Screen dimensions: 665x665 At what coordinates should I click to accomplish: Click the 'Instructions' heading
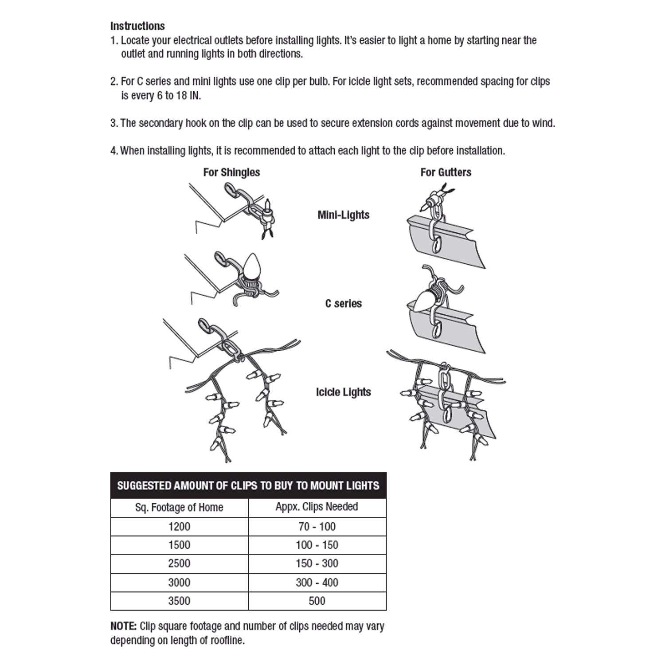pos(137,26)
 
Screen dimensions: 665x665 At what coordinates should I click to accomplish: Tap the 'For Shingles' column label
pos(231,172)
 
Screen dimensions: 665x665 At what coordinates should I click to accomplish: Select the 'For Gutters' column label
pos(446,172)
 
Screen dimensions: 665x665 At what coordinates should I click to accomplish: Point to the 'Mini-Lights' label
pos(343,215)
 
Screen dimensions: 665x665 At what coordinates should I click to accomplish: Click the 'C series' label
pos(343,304)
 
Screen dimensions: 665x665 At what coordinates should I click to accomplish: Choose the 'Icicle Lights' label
pos(343,392)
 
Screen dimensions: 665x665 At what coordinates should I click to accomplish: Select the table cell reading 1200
pos(179,527)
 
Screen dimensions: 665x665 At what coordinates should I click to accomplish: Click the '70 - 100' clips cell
pos(317,527)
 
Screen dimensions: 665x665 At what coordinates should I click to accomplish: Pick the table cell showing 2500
pos(179,563)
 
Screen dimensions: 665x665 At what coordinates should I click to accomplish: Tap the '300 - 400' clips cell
pos(317,583)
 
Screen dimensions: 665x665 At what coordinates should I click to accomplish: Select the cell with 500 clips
pos(317,601)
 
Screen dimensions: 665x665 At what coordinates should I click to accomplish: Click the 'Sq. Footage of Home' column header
pos(179,508)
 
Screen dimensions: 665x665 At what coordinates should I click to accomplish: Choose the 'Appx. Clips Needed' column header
pos(317,507)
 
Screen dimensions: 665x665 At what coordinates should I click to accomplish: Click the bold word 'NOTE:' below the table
pos(124,626)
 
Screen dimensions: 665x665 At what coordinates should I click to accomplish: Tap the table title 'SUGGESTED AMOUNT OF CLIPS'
pos(248,485)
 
